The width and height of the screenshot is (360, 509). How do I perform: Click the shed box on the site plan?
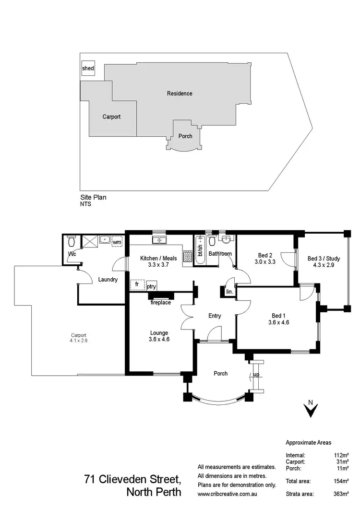(88, 69)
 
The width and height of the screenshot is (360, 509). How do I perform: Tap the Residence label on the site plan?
(180, 94)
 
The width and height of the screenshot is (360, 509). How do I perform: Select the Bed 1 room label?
(279, 315)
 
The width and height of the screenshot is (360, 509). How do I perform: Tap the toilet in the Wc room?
(72, 240)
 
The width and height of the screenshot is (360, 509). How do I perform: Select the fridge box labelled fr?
(137, 284)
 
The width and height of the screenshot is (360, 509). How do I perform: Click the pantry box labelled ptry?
(152, 286)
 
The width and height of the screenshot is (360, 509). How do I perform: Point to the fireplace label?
(161, 303)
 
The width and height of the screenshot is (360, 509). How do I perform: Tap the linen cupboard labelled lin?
(229, 292)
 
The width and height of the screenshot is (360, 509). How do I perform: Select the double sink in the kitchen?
(158, 239)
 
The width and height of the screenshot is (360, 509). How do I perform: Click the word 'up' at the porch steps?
(257, 375)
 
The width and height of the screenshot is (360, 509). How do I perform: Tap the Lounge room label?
(158, 332)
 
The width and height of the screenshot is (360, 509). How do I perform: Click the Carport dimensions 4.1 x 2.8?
(79, 341)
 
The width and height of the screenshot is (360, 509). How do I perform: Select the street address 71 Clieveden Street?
(132, 479)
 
